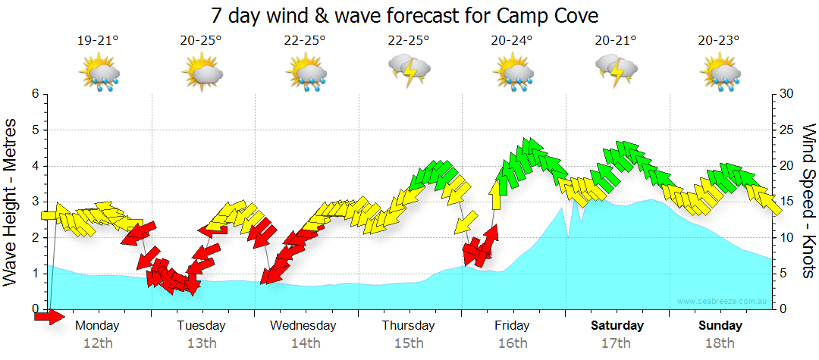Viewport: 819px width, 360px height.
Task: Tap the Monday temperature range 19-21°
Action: tap(99, 41)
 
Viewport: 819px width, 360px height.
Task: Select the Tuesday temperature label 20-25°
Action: tap(202, 41)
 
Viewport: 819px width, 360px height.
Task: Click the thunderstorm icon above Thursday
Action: tap(409, 69)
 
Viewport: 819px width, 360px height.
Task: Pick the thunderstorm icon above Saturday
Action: tap(616, 69)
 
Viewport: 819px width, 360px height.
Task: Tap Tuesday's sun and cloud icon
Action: tap(202, 74)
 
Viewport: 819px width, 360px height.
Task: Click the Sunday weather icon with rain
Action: tap(719, 74)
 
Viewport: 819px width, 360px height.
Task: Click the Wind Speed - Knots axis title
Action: tap(808, 201)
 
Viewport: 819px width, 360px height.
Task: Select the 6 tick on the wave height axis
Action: tap(35, 94)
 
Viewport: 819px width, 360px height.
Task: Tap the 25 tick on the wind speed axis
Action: tap(786, 130)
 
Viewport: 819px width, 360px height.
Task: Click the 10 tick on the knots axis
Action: tap(786, 237)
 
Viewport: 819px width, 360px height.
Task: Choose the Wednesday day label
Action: tap(303, 326)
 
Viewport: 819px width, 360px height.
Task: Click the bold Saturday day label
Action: tap(617, 326)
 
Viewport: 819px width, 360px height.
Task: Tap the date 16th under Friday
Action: tap(513, 343)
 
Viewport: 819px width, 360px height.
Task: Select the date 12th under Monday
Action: tap(99, 343)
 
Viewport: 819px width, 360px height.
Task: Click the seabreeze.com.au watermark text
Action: tap(723, 302)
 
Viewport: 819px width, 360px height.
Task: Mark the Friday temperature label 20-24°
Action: tap(513, 41)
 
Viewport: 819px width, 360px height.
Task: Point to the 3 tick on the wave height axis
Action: tap(35, 202)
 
